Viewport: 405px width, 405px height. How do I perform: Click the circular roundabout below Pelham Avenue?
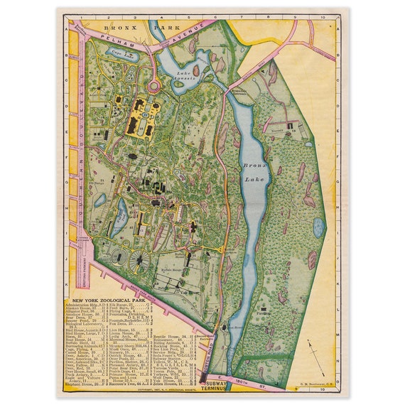(153, 87)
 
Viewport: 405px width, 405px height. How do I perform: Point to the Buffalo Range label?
(175, 271)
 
